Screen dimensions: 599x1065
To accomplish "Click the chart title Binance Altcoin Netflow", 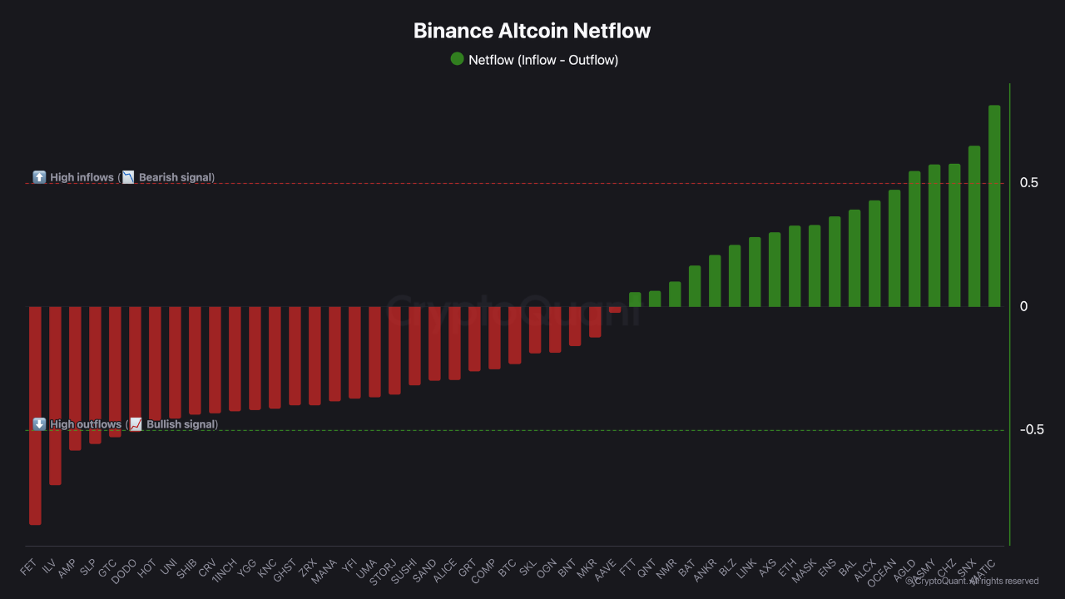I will point(532,32).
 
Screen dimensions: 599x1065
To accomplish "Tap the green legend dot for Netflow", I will point(457,59).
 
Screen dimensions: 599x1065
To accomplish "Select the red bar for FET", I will point(35,415).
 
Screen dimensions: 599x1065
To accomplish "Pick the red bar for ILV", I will point(55,395).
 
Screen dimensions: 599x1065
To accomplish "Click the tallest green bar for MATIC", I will point(994,205).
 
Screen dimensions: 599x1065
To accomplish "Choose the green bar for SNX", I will point(974,226).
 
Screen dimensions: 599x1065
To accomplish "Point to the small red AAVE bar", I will point(615,309).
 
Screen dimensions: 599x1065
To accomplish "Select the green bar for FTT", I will point(635,299).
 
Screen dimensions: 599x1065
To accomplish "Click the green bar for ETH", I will point(795,266).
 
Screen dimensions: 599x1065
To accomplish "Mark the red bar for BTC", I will point(515,335).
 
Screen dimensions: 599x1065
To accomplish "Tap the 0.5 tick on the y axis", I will point(1028,183).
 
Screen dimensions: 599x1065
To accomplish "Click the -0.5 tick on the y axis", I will point(1031,430).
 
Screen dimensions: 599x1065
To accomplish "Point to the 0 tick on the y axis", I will point(1023,307).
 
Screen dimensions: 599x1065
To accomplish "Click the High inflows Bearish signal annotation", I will point(124,177).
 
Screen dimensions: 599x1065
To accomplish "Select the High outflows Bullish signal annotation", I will point(126,424).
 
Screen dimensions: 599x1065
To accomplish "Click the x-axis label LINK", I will point(747,567).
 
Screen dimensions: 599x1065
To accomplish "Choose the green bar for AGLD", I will point(914,239).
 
